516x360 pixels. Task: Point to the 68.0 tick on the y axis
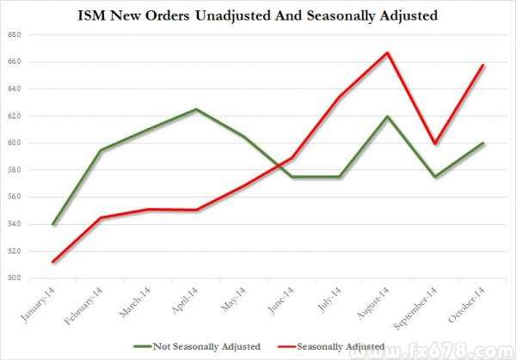(x=15, y=35)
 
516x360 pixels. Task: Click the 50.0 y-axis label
(x=15, y=278)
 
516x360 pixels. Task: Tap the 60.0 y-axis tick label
(x=15, y=143)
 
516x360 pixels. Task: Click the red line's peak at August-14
(x=388, y=52)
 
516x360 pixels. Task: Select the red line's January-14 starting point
(x=53, y=261)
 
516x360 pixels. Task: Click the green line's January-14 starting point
(x=53, y=224)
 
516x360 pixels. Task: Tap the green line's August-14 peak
(x=388, y=116)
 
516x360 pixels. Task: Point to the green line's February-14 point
(x=101, y=150)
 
